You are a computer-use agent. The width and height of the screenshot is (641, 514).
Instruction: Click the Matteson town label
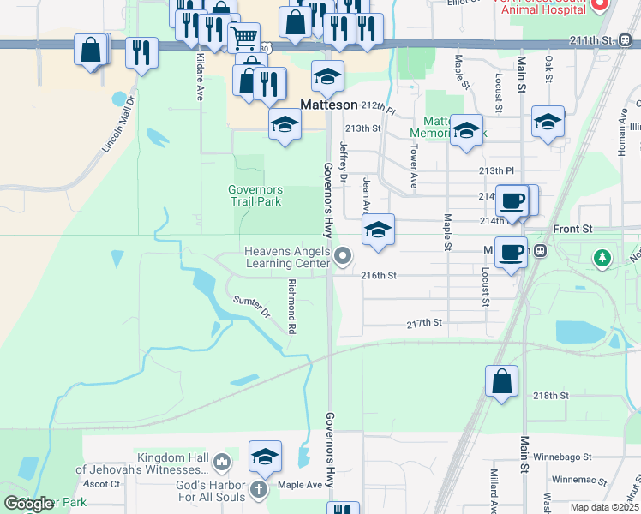(x=328, y=104)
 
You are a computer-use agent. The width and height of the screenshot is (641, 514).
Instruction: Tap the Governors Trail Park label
(x=255, y=195)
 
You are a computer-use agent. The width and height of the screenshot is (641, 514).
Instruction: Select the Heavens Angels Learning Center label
(x=287, y=257)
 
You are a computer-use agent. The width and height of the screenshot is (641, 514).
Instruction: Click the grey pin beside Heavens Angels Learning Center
(x=344, y=256)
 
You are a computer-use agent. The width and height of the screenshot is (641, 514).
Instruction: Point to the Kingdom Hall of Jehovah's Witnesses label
(x=141, y=464)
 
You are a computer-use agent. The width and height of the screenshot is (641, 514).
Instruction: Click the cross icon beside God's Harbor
(x=259, y=491)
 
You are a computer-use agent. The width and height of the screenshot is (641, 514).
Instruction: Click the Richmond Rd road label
(x=292, y=306)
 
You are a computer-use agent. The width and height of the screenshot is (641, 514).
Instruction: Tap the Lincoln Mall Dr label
(x=119, y=123)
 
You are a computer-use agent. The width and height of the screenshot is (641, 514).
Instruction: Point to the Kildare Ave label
(x=198, y=81)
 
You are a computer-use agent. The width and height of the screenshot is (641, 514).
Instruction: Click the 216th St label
(x=380, y=276)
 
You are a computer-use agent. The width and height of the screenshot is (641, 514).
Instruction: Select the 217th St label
(x=423, y=323)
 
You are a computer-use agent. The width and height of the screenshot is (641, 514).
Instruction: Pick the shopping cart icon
(x=244, y=37)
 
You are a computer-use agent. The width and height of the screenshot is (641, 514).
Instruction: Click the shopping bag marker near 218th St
(x=501, y=381)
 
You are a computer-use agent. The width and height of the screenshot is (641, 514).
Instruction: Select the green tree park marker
(x=603, y=256)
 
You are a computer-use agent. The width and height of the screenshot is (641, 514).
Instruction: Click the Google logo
(x=28, y=504)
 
